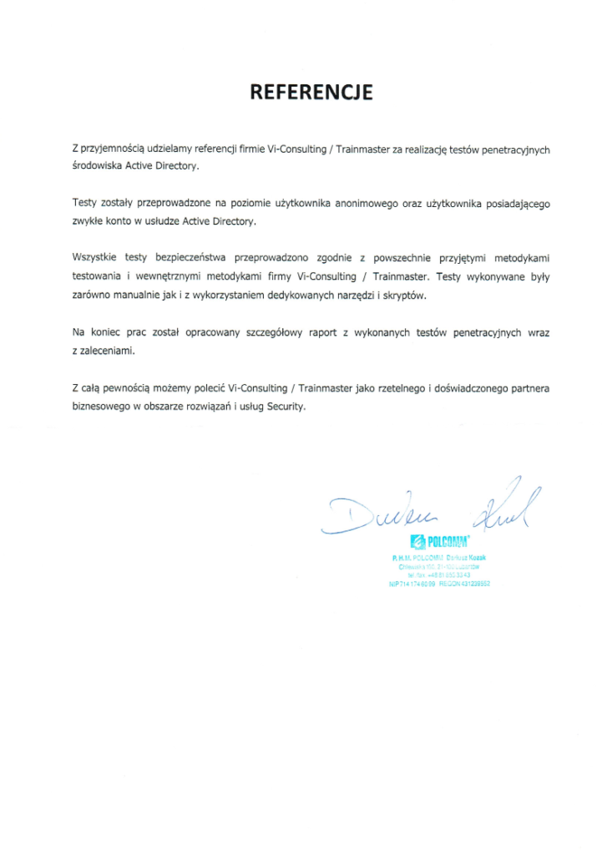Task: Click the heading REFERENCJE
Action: tap(311, 92)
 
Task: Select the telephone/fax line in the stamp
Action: tap(439, 575)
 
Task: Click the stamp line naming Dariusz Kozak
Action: tap(439, 556)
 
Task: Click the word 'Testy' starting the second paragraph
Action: tap(85, 204)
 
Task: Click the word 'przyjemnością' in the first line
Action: tap(113, 149)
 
